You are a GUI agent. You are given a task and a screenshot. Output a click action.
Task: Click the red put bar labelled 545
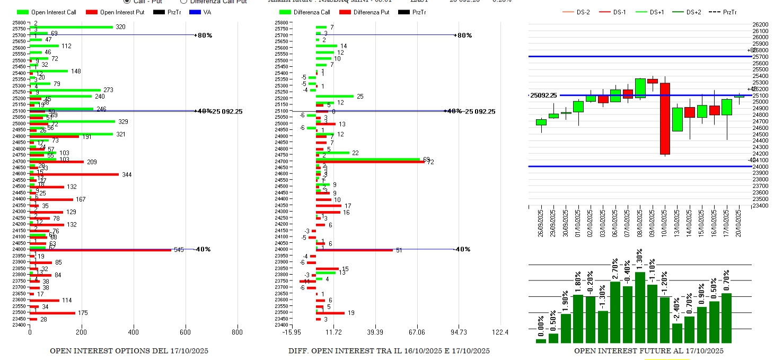point(101,250)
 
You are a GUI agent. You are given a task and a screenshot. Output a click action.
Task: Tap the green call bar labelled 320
point(71,27)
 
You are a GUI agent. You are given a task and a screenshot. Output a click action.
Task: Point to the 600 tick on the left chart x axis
point(185,332)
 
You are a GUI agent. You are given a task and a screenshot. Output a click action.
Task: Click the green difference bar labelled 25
point(335,96)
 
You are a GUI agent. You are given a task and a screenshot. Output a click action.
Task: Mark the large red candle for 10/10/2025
point(665,119)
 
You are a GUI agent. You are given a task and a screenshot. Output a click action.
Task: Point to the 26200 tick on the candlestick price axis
point(760,24)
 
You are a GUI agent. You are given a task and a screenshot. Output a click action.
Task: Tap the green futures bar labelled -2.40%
point(677,333)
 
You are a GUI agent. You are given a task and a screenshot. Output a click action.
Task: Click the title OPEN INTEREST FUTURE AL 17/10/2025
point(649,351)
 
